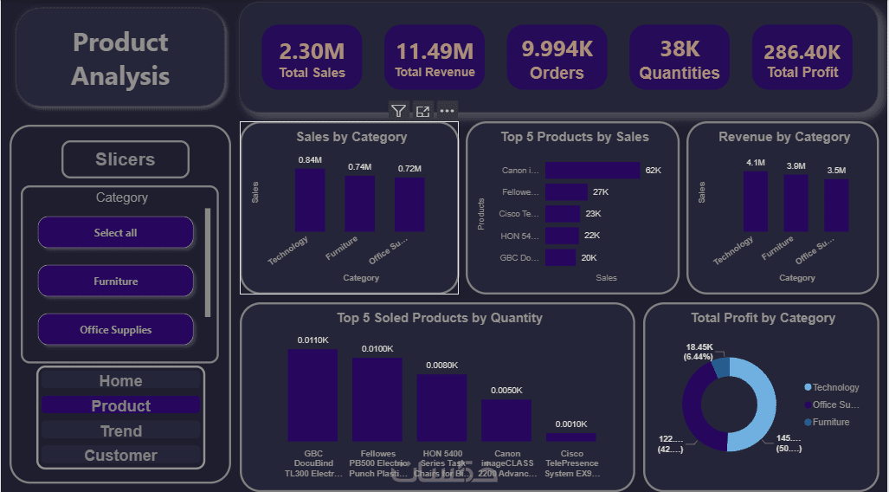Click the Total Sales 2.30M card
(x=312, y=58)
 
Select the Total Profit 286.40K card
(x=802, y=58)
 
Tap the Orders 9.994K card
(x=557, y=58)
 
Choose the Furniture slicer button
(x=115, y=282)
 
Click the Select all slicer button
(x=115, y=233)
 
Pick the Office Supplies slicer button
(x=115, y=330)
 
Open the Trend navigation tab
(x=120, y=430)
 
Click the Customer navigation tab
(x=120, y=456)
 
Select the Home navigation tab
(x=120, y=381)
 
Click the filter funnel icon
(x=398, y=111)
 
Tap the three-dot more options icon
(x=447, y=111)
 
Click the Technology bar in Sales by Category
(x=310, y=200)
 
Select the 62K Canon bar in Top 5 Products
(x=592, y=171)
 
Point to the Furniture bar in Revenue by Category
(x=796, y=203)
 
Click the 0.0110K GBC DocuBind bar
(x=312, y=395)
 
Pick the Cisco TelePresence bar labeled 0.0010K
(x=570, y=437)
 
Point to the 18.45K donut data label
(x=699, y=351)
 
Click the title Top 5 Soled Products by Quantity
(x=440, y=318)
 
